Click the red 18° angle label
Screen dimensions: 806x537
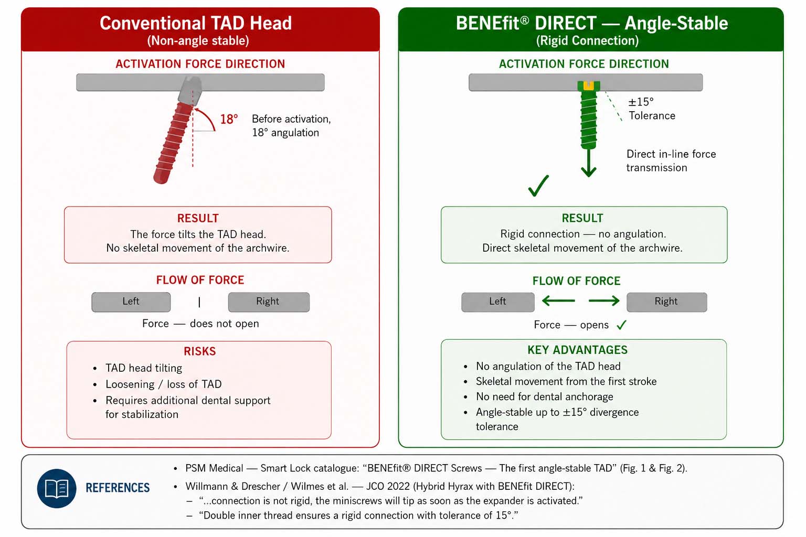click(x=229, y=119)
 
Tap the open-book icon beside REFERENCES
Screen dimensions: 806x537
click(x=57, y=488)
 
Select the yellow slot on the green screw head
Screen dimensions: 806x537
click(x=588, y=85)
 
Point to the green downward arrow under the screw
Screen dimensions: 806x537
click(x=588, y=163)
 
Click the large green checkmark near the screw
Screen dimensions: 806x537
click(x=539, y=186)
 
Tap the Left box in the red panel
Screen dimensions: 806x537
click(x=131, y=302)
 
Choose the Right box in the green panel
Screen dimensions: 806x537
click(x=667, y=302)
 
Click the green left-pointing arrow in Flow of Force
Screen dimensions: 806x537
click(x=558, y=300)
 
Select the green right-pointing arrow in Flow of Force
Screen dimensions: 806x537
click(x=604, y=300)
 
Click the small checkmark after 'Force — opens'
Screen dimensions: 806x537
click(x=621, y=325)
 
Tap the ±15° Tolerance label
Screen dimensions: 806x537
click(x=652, y=109)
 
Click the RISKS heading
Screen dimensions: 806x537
click(x=200, y=351)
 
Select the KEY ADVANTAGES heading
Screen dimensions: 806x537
click(x=578, y=350)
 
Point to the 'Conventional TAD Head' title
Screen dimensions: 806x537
click(x=196, y=23)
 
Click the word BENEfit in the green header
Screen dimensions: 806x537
click(x=488, y=23)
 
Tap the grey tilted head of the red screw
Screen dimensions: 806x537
click(x=190, y=90)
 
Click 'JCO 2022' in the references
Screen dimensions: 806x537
click(x=388, y=486)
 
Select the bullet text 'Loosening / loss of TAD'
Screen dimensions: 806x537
click(x=164, y=384)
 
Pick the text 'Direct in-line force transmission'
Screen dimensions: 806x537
click(x=671, y=161)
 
